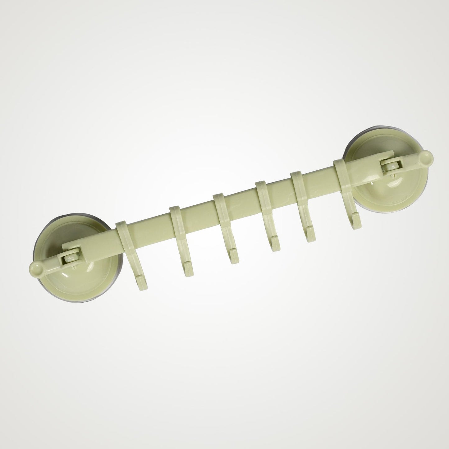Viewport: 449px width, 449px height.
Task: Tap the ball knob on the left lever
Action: coord(36,269)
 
